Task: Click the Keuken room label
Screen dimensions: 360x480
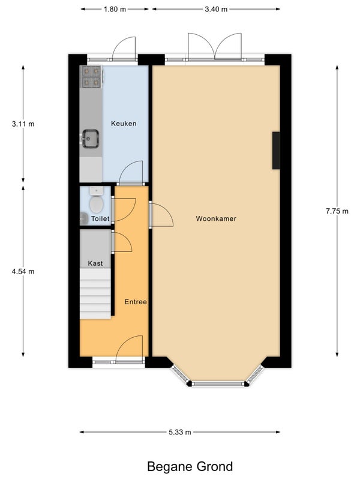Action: tap(124, 124)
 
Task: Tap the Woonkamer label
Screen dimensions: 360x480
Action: tap(216, 218)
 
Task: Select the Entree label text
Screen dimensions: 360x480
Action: tap(136, 302)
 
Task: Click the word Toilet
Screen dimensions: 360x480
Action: tap(100, 218)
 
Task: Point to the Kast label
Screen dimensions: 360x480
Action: tap(95, 263)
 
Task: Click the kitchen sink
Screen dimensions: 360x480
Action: tap(91, 139)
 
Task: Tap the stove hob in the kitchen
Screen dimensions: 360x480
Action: tap(91, 77)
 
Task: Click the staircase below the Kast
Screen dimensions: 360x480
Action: tap(95, 294)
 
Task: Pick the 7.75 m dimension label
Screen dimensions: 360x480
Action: tap(337, 211)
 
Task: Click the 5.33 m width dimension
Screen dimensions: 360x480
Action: tap(179, 432)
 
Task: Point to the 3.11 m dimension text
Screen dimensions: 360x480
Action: tap(23, 124)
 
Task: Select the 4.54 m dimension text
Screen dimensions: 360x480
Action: tap(23, 271)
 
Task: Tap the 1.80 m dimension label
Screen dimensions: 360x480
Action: tap(115, 9)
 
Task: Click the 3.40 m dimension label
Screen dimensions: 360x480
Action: tap(216, 9)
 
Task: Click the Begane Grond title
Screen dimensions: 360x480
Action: tap(190, 467)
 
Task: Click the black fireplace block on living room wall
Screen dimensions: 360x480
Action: tap(276, 151)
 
